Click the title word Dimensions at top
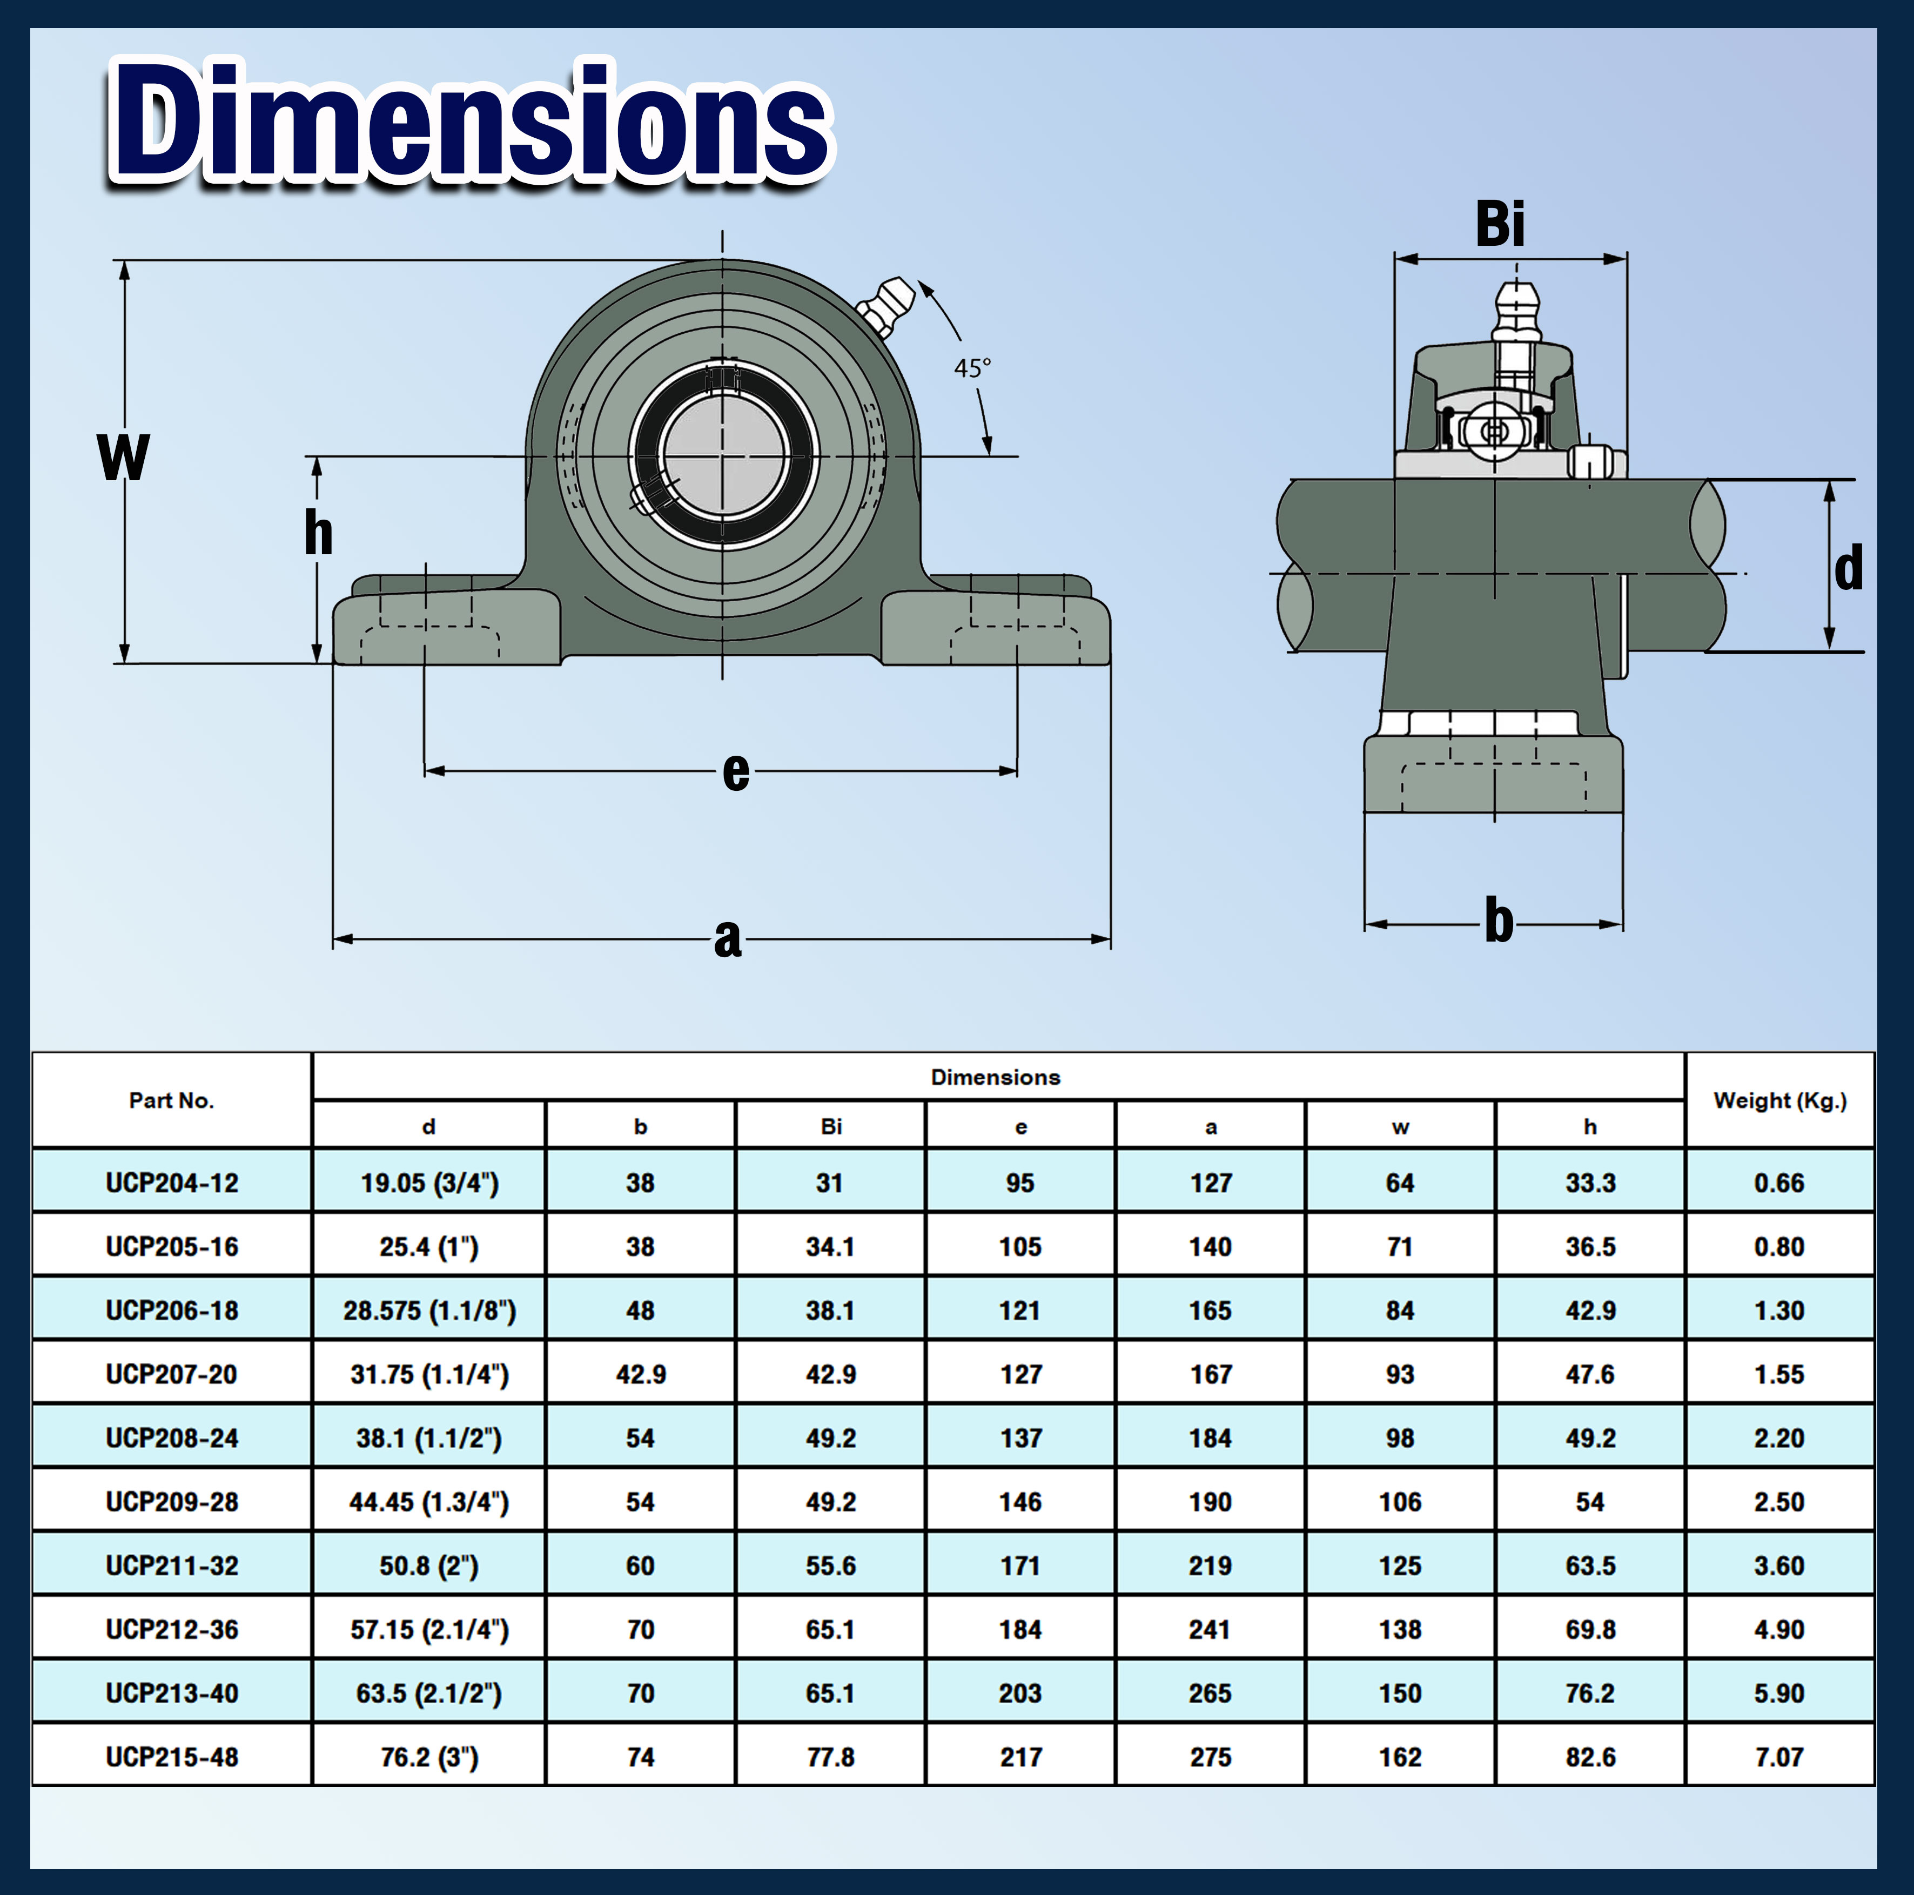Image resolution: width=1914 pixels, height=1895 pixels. (x=471, y=124)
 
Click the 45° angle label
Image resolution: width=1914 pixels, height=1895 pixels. (x=972, y=368)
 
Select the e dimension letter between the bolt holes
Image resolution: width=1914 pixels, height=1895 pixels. (x=735, y=772)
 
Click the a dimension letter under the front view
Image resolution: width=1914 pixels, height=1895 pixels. (x=727, y=938)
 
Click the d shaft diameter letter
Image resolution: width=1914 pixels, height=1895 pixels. (x=1848, y=569)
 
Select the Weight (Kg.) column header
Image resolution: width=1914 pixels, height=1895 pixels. (x=1779, y=1100)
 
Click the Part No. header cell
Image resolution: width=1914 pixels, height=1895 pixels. (x=171, y=1100)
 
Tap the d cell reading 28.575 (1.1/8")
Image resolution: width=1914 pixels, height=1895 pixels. (x=429, y=1311)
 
